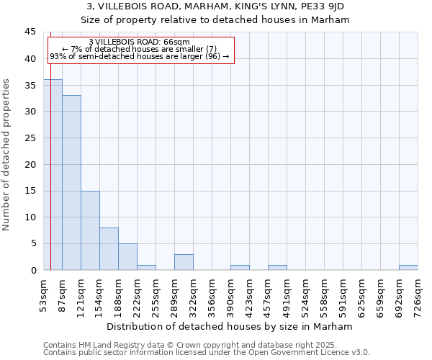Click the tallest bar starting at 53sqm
point(53,174)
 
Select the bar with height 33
point(71,183)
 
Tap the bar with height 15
point(90,230)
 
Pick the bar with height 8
point(109,249)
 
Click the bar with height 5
point(127,257)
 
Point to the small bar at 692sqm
point(408,267)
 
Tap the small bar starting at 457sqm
point(277,267)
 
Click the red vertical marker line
point(50,144)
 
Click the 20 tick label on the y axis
point(30,164)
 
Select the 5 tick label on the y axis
point(33,243)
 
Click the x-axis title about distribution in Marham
point(234,326)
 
